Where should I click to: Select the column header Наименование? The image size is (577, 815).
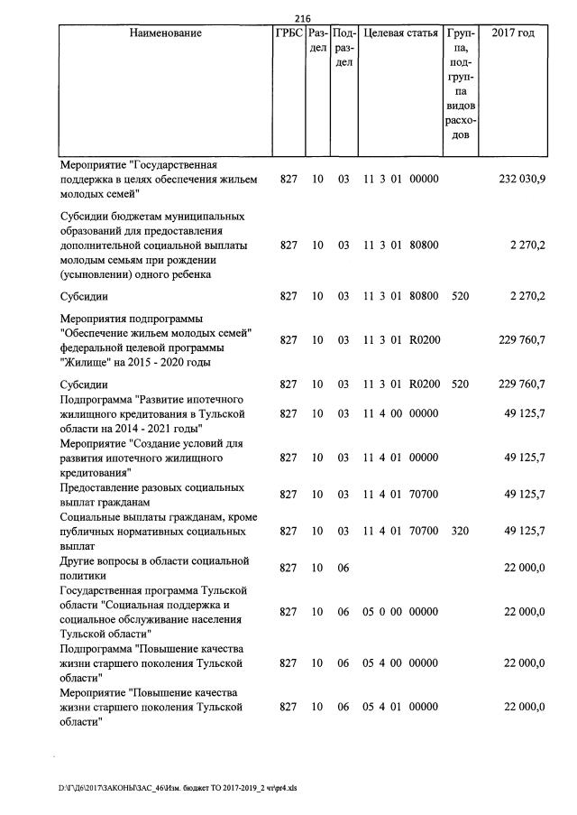point(165,33)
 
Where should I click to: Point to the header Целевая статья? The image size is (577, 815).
point(400,33)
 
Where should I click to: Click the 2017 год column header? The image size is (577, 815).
point(513,33)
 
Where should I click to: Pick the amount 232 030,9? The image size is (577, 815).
point(521,180)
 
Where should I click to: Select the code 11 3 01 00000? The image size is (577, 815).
point(400,180)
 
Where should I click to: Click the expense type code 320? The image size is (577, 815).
point(460,531)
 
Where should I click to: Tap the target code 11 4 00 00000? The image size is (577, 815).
point(400,412)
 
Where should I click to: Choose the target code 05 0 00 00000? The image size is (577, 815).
point(400,611)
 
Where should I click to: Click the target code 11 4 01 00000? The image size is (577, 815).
point(400,458)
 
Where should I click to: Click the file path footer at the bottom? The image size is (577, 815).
point(178,788)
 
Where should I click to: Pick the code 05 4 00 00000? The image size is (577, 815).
point(400,662)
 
